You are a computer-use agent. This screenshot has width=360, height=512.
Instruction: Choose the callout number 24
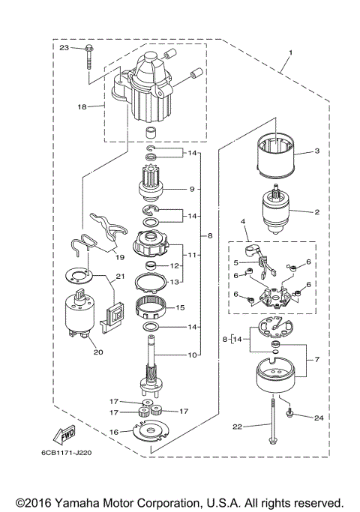[x=318, y=416]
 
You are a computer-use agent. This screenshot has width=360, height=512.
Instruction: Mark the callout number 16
[x=115, y=432]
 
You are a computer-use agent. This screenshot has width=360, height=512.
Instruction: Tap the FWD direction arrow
[x=62, y=436]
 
